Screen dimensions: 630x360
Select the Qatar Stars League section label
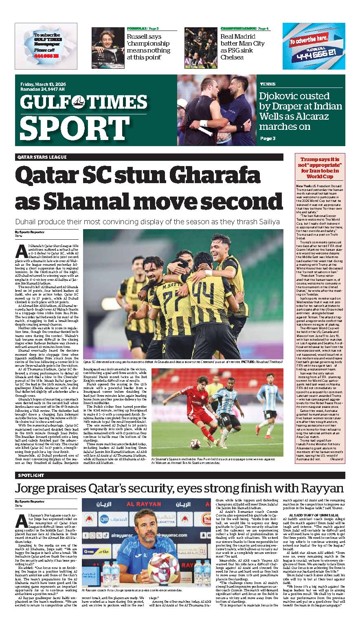(42, 157)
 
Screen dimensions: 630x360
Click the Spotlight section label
(31, 475)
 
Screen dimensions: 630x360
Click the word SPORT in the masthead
(69, 128)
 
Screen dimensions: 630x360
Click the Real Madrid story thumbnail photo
(201, 44)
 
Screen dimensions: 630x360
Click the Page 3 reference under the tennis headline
(268, 138)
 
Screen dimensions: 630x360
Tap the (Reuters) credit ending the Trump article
(336, 459)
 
